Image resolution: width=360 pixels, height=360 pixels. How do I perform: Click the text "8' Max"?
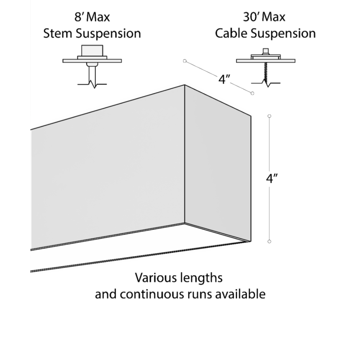92,18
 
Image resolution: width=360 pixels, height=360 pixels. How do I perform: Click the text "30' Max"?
264,18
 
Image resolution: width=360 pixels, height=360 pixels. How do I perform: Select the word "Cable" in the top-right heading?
231,33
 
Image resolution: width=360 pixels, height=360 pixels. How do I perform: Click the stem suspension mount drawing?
93,63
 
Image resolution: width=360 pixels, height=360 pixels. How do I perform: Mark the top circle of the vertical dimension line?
269,116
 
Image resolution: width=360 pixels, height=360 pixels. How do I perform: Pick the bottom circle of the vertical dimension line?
269,241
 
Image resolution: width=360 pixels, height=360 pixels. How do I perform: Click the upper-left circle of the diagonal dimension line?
184,61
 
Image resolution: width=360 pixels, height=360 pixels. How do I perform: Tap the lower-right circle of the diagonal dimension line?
252,93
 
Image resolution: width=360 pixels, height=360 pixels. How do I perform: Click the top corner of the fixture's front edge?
185,85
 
